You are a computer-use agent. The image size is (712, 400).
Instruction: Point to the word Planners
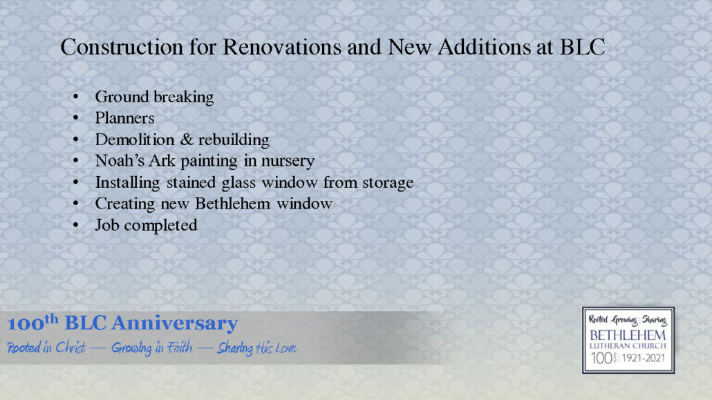pyautogui.click(x=124, y=118)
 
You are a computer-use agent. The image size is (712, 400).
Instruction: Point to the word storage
pyautogui.click(x=386, y=183)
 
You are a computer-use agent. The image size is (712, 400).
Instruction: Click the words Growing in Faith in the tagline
pyautogui.click(x=151, y=347)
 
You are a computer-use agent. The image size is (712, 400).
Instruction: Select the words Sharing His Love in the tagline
pyautogui.click(x=256, y=347)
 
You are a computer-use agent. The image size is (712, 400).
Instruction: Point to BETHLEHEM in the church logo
pyautogui.click(x=628, y=335)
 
